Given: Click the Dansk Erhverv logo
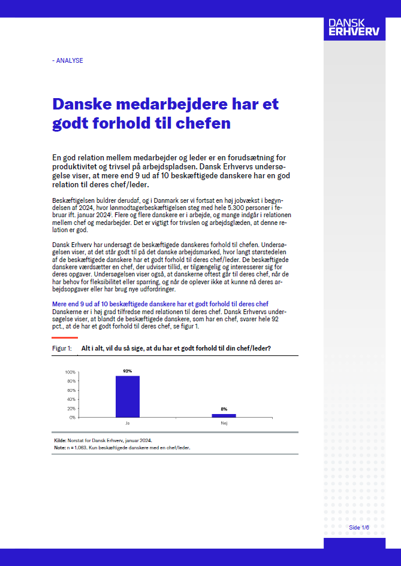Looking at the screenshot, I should click(353, 26).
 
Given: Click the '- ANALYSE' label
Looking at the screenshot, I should click(68, 60).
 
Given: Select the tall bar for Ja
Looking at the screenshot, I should click(127, 396).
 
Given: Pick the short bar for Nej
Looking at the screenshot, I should click(224, 415).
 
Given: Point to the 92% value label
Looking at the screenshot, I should click(127, 371).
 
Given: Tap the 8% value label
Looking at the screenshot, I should click(224, 409).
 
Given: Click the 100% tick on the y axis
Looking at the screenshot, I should click(70, 372).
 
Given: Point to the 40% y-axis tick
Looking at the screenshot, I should click(71, 399).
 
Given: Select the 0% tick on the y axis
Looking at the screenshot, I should click(72, 417).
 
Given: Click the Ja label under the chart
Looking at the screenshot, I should click(127, 423).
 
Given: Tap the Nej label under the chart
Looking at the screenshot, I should click(224, 423).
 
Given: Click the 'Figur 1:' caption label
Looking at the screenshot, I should click(62, 348).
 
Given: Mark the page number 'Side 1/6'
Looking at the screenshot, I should click(359, 527).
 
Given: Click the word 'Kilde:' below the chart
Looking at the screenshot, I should click(60, 440).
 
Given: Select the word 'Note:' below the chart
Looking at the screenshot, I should click(60, 448).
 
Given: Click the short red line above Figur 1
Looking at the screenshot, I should click(65, 338).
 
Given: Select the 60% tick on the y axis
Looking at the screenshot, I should click(71, 390).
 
